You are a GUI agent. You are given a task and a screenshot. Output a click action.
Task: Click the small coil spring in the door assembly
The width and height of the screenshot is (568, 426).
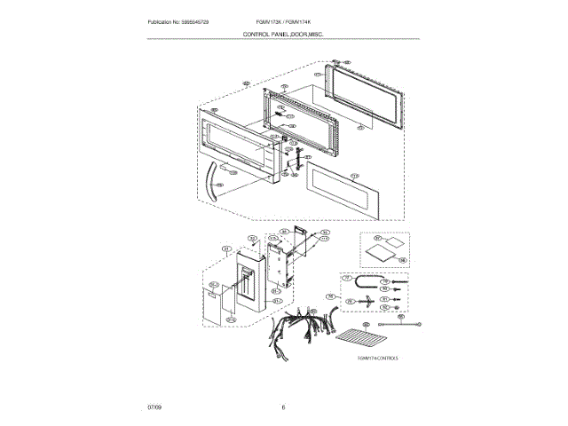[x=279, y=114]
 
